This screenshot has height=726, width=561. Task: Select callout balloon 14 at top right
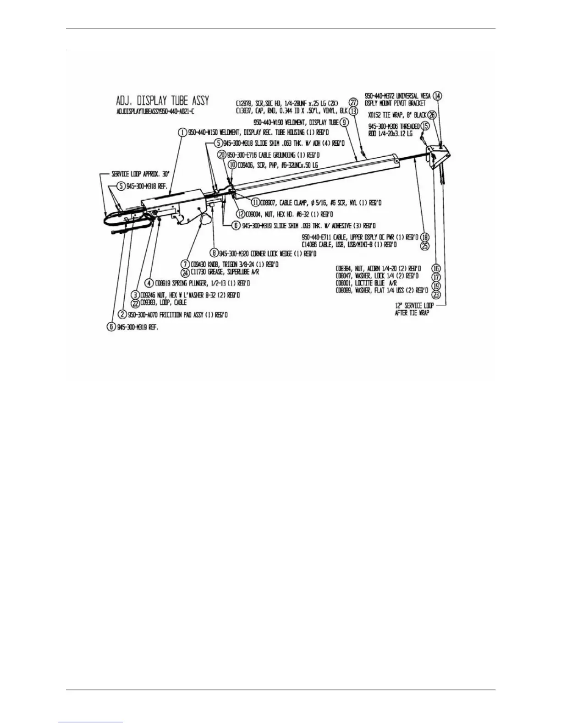pos(438,96)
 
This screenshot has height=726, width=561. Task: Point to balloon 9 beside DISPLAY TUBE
pos(344,122)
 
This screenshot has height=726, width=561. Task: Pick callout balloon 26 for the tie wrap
pos(432,115)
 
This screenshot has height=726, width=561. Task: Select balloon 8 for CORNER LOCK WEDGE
pos(214,253)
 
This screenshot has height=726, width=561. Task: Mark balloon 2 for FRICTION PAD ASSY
pos(122,314)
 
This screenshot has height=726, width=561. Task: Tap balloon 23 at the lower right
pos(436,295)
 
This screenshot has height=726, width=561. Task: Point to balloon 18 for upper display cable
pos(425,237)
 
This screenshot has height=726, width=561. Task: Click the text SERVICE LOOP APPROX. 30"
pos(140,174)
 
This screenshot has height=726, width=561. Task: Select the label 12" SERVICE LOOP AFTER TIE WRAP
pos(412,309)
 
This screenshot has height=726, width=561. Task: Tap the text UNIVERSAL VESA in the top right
pos(396,96)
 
